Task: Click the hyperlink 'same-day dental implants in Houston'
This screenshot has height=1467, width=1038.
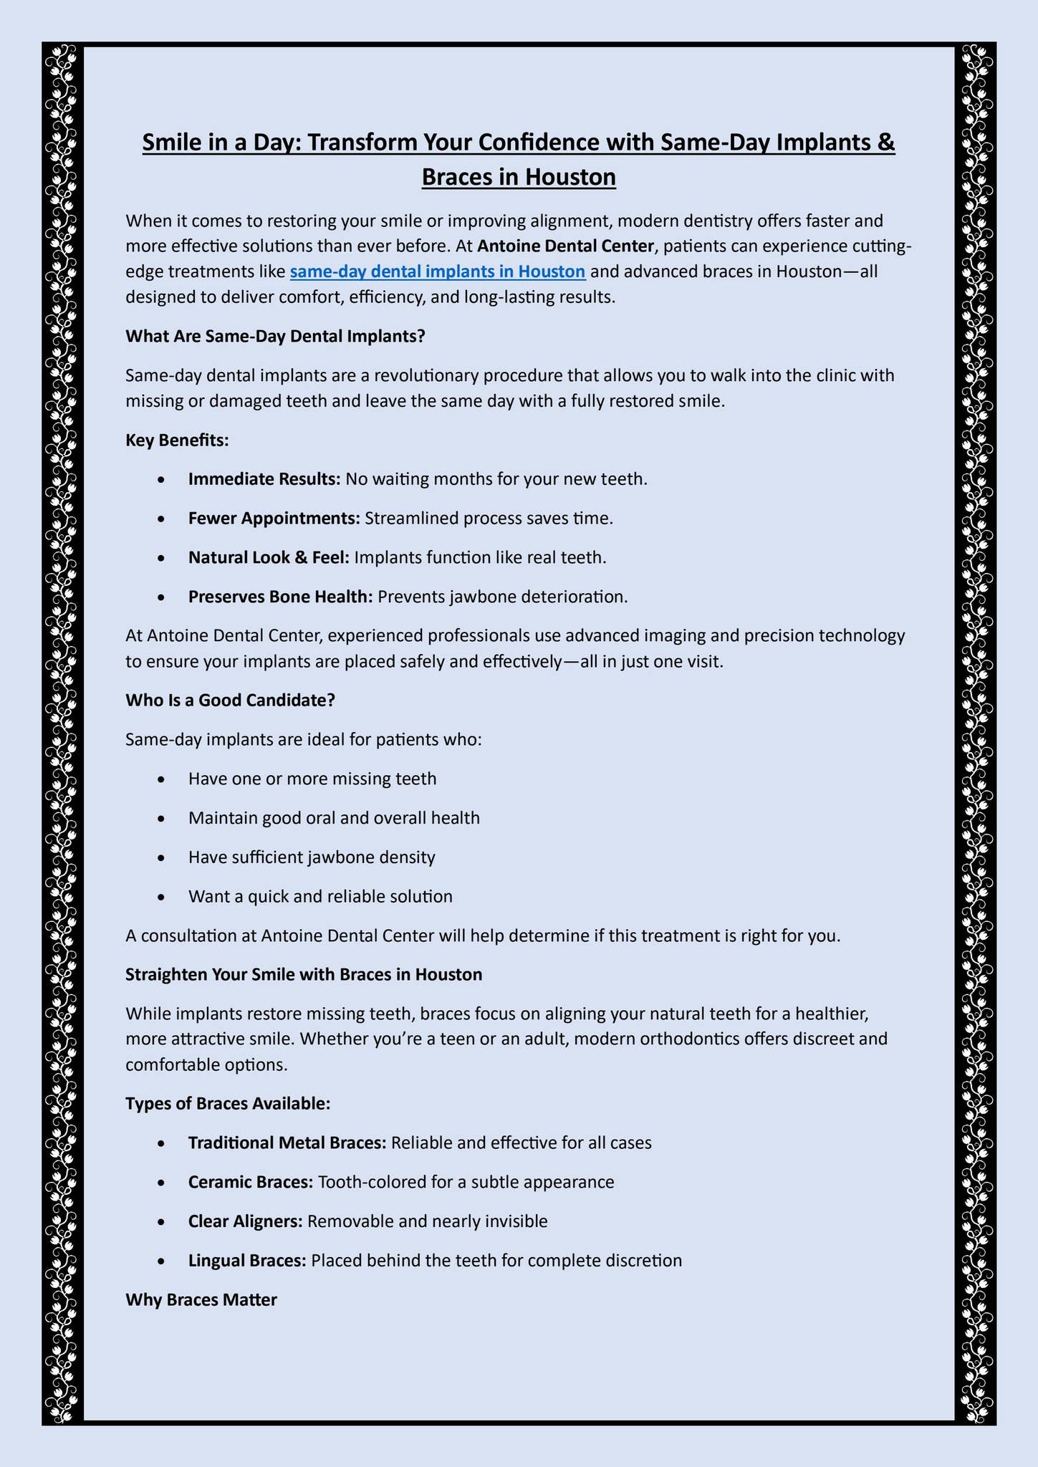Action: (x=438, y=272)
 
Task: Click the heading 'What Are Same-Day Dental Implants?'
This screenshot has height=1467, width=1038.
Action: (x=275, y=336)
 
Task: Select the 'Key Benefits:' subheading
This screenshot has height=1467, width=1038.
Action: (x=177, y=440)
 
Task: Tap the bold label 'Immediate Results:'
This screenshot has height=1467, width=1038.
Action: (x=264, y=478)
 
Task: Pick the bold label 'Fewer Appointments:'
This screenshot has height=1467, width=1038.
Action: (x=274, y=518)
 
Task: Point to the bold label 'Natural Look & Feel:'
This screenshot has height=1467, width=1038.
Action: (x=269, y=557)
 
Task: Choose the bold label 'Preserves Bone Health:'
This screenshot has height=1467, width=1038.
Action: (x=280, y=597)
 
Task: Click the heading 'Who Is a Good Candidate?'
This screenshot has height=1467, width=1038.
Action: (x=230, y=700)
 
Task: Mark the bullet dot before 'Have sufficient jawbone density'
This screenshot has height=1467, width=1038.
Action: (x=164, y=857)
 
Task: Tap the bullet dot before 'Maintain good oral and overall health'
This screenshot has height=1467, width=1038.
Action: (x=164, y=818)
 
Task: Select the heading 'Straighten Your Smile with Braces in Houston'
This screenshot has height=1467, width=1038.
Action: (x=304, y=974)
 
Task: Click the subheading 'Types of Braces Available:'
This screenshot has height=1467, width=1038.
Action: (x=228, y=1103)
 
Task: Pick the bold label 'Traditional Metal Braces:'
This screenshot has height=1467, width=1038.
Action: (x=287, y=1143)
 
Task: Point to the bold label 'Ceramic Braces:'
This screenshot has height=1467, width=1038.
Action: (x=251, y=1182)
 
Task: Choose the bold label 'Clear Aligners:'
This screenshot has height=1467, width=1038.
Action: (x=246, y=1221)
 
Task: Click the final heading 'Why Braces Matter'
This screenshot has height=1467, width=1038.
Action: (x=201, y=1299)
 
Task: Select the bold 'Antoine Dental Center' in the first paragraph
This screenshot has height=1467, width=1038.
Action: (x=565, y=246)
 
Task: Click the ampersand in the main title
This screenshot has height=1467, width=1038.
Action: (x=885, y=142)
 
